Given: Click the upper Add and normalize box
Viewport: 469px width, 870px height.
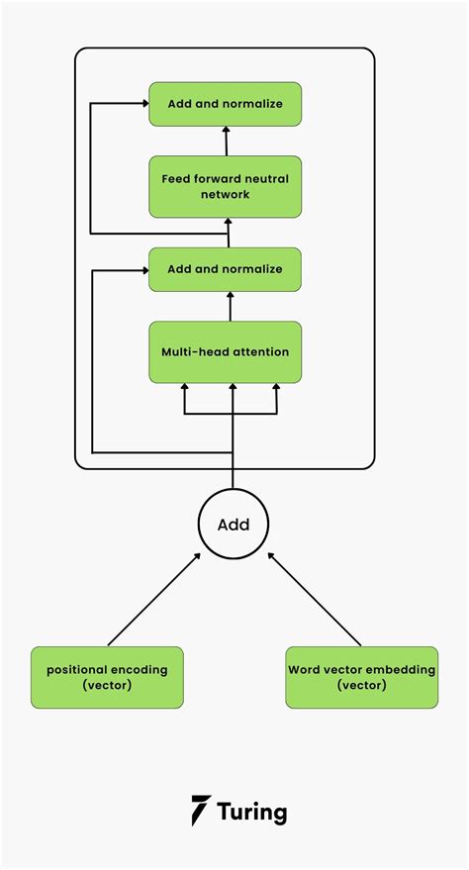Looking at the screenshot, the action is [x=225, y=104].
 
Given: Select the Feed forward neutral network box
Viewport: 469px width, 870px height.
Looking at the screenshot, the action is [x=225, y=186].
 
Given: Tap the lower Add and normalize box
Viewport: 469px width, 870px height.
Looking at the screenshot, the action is [x=225, y=269].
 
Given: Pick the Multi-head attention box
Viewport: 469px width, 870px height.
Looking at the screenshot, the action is [x=225, y=351].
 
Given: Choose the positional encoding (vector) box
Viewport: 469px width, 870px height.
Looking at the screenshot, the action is [x=107, y=677].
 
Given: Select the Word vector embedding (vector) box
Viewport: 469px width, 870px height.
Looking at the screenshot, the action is [x=361, y=677].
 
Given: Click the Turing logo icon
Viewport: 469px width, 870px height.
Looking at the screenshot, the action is [x=200, y=811].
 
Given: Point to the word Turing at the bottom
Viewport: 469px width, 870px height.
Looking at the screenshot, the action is [x=252, y=813].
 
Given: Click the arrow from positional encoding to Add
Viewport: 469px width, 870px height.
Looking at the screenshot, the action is [x=153, y=599].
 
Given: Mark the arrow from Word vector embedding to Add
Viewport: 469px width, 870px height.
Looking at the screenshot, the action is [x=315, y=599].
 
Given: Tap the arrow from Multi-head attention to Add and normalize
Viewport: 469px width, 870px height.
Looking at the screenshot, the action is [x=230, y=306].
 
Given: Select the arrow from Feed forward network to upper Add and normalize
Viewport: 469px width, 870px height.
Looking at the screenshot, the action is [x=227, y=141].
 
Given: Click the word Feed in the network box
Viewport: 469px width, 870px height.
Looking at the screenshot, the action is [x=173, y=179].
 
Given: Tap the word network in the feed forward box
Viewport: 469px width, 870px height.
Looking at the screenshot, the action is [x=226, y=195].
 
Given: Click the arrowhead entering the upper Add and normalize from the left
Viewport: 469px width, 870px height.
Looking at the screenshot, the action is [x=145, y=103].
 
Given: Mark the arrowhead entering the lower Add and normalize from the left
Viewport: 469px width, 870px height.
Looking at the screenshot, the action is [x=145, y=270].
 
